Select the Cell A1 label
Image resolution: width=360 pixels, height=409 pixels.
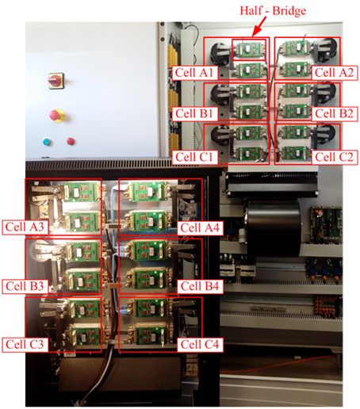tap(192, 72)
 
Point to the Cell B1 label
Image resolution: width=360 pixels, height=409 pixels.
tap(192, 113)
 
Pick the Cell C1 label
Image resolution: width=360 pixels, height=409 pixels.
tap(192, 156)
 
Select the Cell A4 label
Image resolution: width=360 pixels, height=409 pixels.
tap(199, 227)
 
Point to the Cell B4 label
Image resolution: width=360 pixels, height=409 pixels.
tap(199, 285)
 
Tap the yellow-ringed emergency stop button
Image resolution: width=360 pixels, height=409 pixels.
tap(56, 115)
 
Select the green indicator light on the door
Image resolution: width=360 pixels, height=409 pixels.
tap(46, 143)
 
